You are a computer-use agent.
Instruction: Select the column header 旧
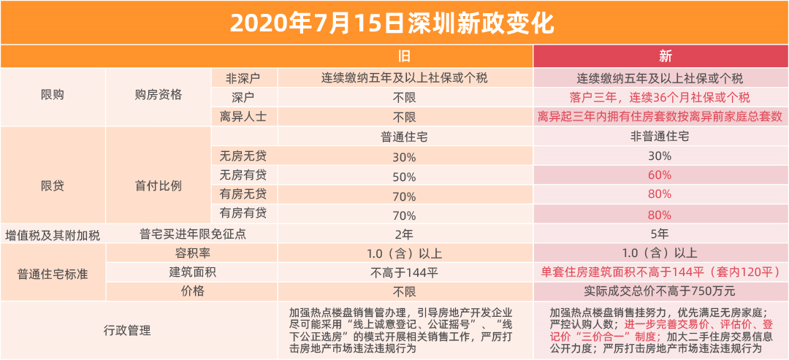[x=404, y=56]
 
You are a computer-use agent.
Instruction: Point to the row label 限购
[x=53, y=95]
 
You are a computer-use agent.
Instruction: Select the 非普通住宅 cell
[x=660, y=137]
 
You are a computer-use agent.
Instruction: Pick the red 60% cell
[x=659, y=176]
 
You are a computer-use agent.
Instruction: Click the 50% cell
[x=404, y=176]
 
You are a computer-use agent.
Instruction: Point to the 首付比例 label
[x=159, y=185]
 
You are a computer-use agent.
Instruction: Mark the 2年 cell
[x=404, y=234]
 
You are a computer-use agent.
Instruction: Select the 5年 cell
[x=660, y=234]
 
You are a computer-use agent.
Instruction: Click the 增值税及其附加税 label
[x=53, y=234]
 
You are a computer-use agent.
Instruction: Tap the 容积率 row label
[x=192, y=253]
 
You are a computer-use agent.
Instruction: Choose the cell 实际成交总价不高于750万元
[x=660, y=291]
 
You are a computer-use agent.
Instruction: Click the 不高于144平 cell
[x=404, y=272]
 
